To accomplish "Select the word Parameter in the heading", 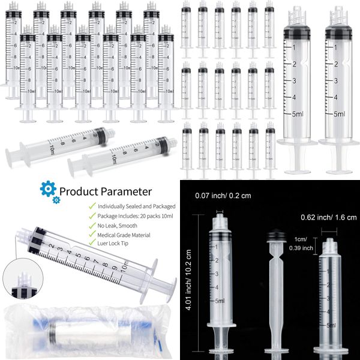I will click(128, 192).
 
